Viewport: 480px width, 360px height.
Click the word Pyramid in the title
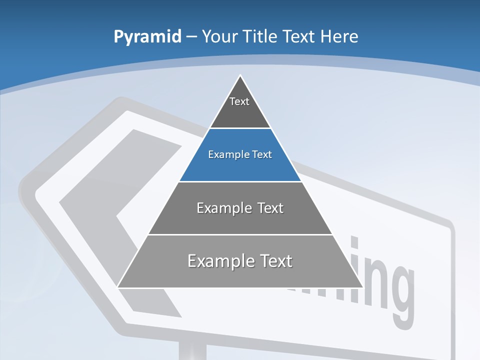[147, 37]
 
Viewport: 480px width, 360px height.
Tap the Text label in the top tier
[239, 101]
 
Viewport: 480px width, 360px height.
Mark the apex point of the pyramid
[240, 75]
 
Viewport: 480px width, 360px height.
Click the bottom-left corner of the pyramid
[118, 287]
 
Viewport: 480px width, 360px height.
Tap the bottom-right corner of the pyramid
[362, 287]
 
